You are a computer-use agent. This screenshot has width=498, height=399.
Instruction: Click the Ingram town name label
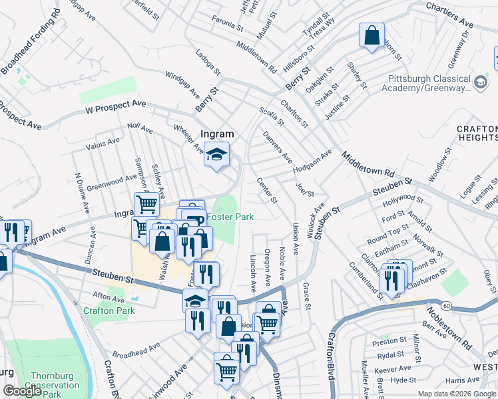(217, 134)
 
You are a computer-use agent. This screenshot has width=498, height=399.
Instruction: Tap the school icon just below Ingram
(216, 156)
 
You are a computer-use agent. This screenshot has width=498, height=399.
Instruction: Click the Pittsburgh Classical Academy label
(429, 82)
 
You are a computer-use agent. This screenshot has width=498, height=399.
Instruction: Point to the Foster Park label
(230, 217)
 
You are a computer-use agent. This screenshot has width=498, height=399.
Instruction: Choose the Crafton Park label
(109, 311)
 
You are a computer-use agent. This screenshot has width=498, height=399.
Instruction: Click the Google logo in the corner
(22, 391)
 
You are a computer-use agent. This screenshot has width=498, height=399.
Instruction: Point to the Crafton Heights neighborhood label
(477, 132)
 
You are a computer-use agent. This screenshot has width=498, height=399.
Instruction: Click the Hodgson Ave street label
(312, 163)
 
